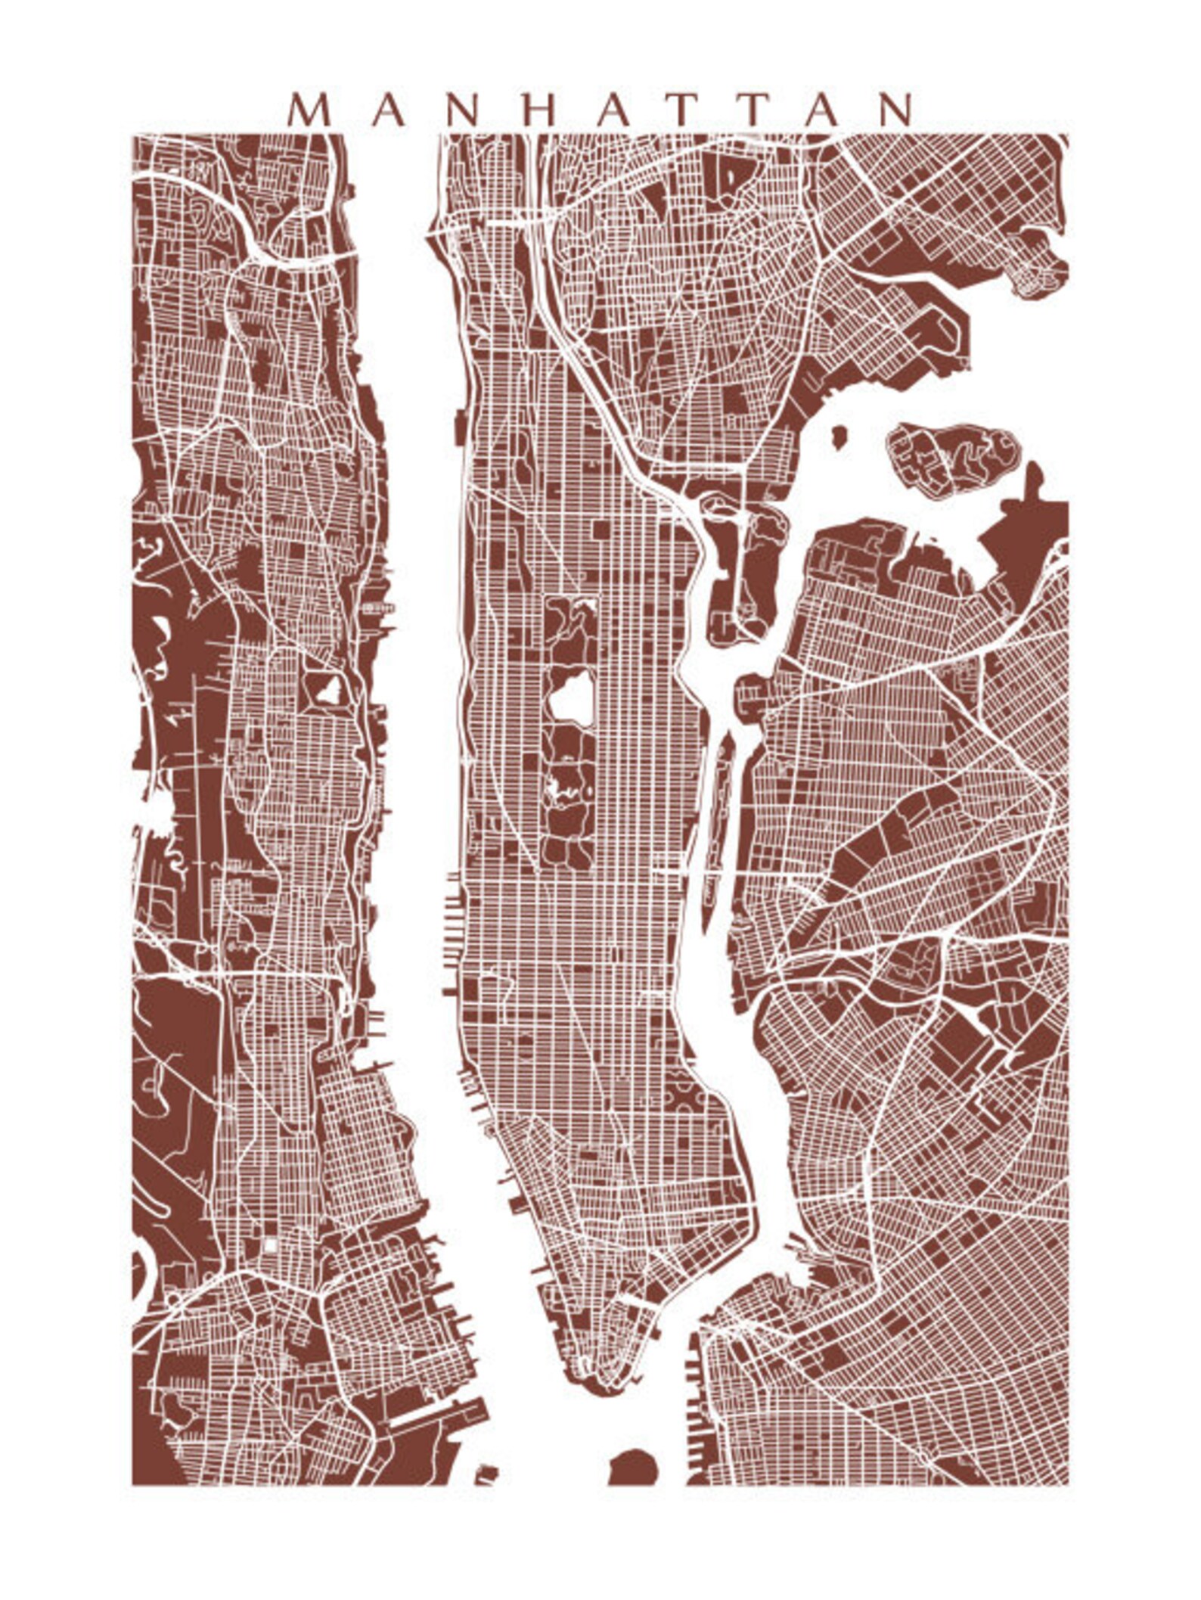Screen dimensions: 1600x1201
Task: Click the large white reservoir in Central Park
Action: (570, 697)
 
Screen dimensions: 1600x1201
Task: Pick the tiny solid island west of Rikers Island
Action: (838, 437)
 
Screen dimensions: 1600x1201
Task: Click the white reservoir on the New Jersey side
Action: (329, 690)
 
